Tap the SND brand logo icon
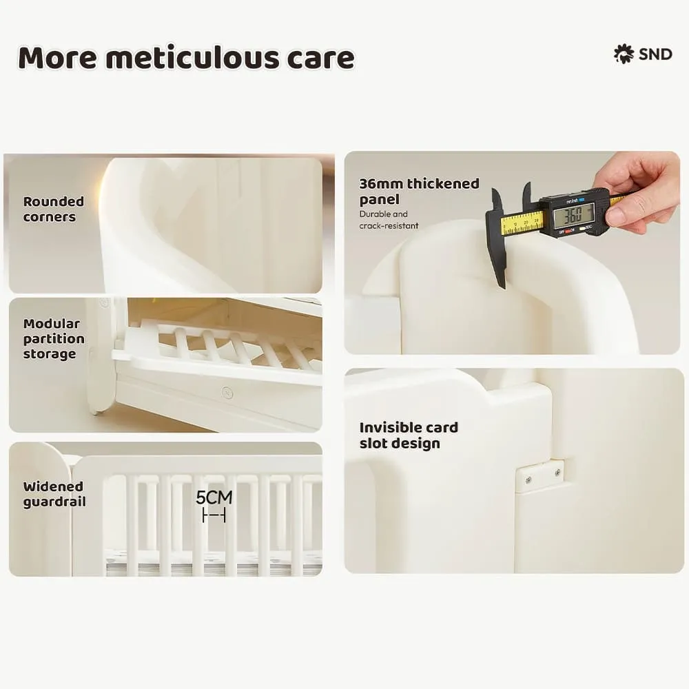pyautogui.click(x=624, y=54)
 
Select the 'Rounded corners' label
pyautogui.click(x=53, y=209)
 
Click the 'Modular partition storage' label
pyautogui.click(x=54, y=338)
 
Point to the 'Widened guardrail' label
pyautogui.click(x=54, y=494)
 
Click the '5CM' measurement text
pyautogui.click(x=214, y=497)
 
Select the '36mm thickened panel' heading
pyautogui.click(x=418, y=191)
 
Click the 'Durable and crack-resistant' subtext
pyautogui.click(x=388, y=220)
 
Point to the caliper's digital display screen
pyautogui.click(x=573, y=216)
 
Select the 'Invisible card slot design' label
pyautogui.click(x=408, y=435)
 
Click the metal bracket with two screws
pyautogui.click(x=539, y=475)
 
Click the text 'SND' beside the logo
pyautogui.click(x=655, y=54)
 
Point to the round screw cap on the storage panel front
pyautogui.click(x=226, y=393)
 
